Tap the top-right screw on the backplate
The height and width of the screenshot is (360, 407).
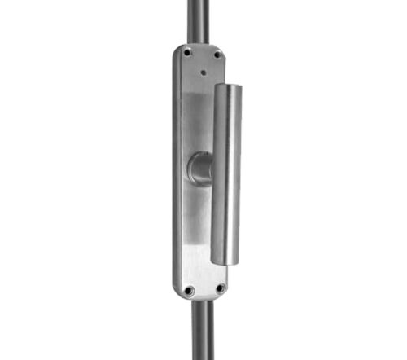tap(217, 56)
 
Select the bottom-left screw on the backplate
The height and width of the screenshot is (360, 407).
tap(189, 289)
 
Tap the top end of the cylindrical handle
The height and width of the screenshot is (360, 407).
tap(229, 85)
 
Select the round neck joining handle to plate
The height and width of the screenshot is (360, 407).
tap(199, 169)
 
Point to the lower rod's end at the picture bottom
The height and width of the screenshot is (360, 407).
tap(203, 357)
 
